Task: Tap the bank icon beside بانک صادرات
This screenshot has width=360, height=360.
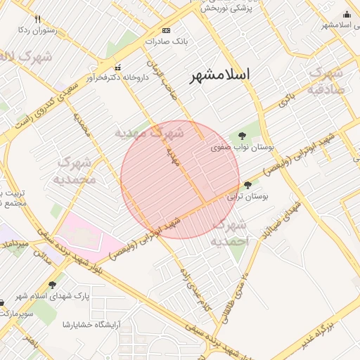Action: point(166,30)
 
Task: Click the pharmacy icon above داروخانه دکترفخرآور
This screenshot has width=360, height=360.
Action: point(117,67)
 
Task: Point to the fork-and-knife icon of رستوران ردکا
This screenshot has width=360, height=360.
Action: point(37,20)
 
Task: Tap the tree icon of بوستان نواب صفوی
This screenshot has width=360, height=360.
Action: point(242,136)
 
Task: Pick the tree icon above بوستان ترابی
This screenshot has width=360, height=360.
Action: point(247,185)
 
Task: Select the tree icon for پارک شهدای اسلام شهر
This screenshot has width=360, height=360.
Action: point(52,285)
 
